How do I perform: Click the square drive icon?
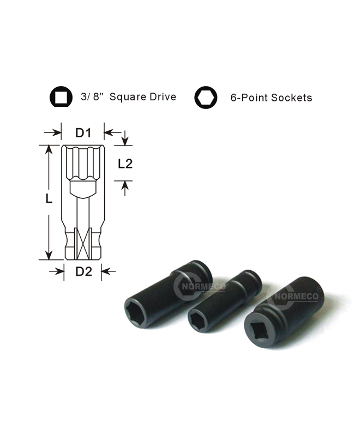pos(61,97)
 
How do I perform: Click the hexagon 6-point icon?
pos(206,98)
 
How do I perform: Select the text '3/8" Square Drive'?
pos(129,97)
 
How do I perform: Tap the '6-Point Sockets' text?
pos(271,98)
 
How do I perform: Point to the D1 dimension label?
pos(83,133)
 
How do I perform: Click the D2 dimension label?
pos(84,271)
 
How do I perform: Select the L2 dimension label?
pos(125,164)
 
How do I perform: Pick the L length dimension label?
pos(49,198)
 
